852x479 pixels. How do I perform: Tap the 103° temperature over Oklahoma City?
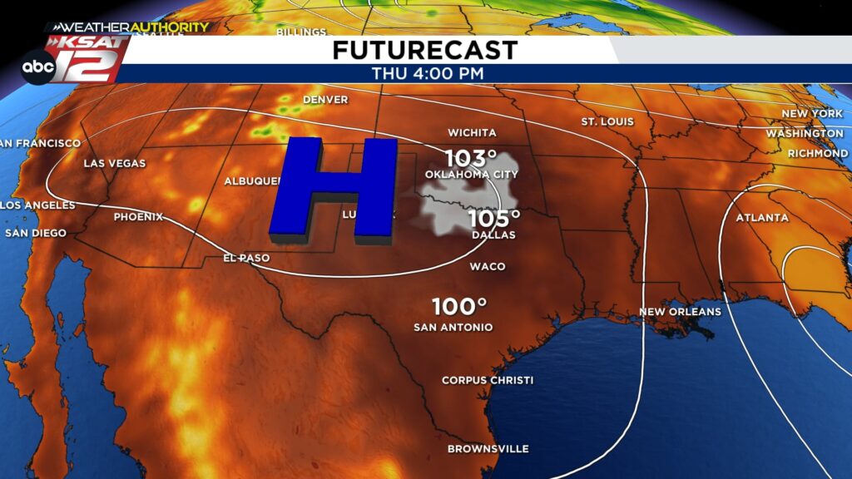click(470, 157)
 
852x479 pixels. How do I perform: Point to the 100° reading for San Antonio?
click(458, 306)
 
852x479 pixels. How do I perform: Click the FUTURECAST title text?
click(424, 50)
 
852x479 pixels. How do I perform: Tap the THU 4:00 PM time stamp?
click(428, 73)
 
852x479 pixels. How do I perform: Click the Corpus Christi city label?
click(488, 380)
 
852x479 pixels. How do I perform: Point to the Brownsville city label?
click(488, 449)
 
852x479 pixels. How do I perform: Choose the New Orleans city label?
click(680, 312)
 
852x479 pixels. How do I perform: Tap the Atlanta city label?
click(761, 218)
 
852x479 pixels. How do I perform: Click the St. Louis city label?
click(607, 122)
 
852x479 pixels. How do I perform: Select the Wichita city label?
click(472, 133)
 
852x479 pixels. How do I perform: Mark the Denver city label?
click(324, 100)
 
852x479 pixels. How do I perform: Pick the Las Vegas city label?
click(115, 164)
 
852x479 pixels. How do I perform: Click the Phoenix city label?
click(138, 217)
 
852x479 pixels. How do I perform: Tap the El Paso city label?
click(246, 258)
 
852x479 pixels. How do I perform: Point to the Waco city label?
click(488, 267)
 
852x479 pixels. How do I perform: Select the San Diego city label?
click(35, 233)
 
